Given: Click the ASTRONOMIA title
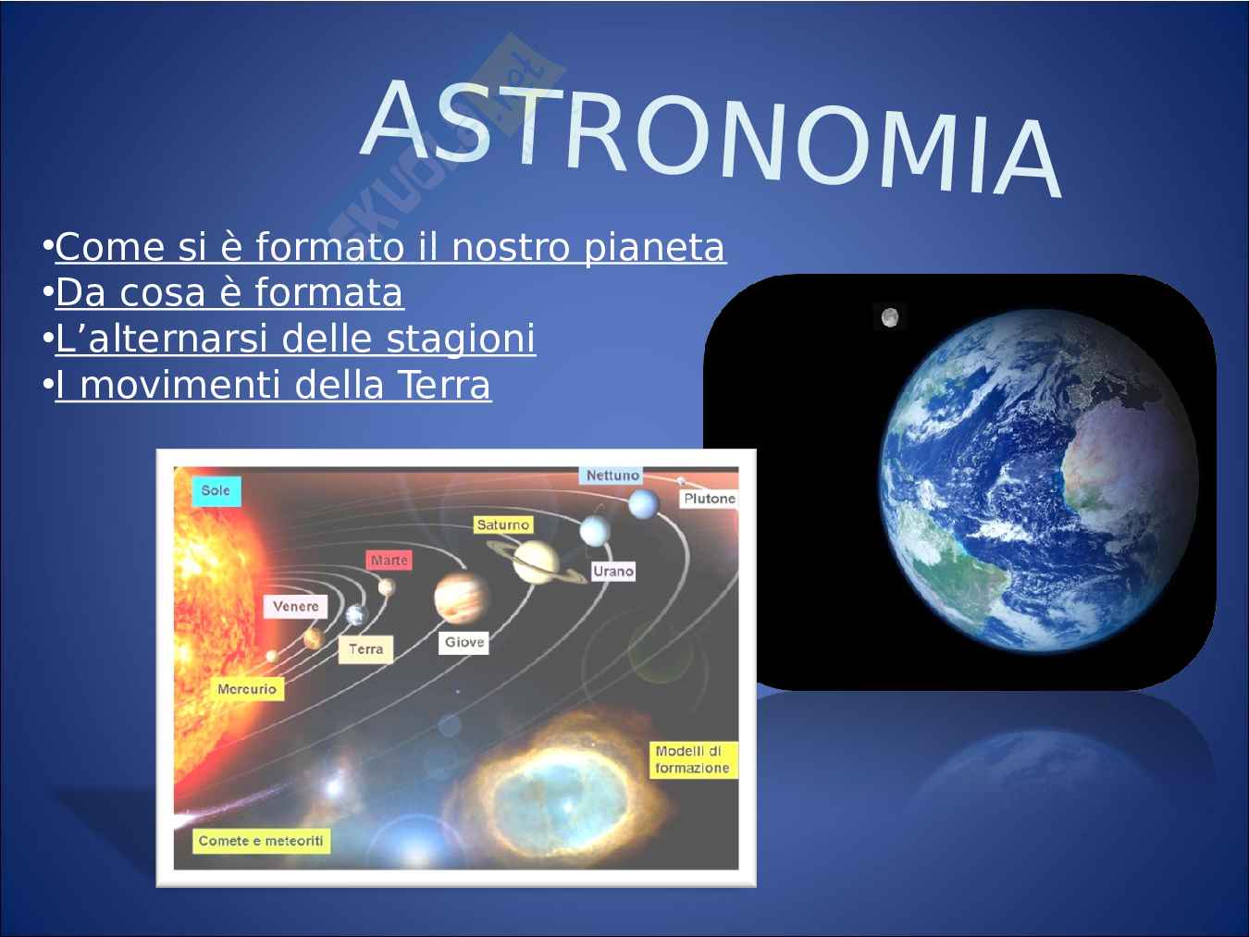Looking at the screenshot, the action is pyautogui.click(x=711, y=137).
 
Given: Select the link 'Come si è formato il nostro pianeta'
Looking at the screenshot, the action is pyautogui.click(x=390, y=248).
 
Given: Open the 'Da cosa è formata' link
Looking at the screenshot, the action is pyautogui.click(x=229, y=292).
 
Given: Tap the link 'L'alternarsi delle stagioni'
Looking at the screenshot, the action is pyautogui.click(x=295, y=339).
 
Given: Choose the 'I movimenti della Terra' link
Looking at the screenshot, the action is pyautogui.click(x=273, y=385).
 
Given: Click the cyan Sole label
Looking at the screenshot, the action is pyautogui.click(x=216, y=490).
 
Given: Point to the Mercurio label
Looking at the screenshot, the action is pyautogui.click(x=247, y=689).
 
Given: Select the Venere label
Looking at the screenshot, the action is pyautogui.click(x=295, y=607).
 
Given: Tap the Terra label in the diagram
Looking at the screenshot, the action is pyautogui.click(x=365, y=649).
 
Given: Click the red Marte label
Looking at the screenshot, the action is pyautogui.click(x=390, y=561).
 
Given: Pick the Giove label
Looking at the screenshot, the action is pyautogui.click(x=464, y=642).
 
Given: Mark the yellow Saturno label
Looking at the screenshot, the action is pyautogui.click(x=503, y=524).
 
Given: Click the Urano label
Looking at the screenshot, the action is pyautogui.click(x=612, y=572).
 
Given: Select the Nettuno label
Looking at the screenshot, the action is pyautogui.click(x=612, y=475).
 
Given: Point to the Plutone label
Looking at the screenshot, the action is pyautogui.click(x=709, y=499).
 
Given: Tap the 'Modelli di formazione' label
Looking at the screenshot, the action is pyautogui.click(x=693, y=759).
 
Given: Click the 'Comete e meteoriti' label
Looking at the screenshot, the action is pyautogui.click(x=261, y=841).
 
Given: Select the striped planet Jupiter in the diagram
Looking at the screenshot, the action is pyautogui.click(x=462, y=598).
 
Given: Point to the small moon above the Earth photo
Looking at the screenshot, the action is pyautogui.click(x=890, y=317).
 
